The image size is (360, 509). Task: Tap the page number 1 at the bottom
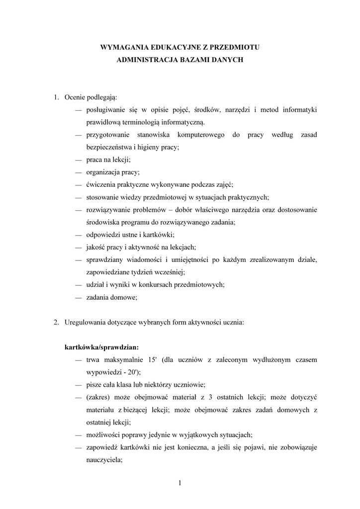(x=180, y=482)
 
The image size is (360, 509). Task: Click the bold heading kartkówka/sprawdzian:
(x=101, y=346)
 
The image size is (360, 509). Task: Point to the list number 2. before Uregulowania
(x=57, y=322)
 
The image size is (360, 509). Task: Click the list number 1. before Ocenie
(x=57, y=96)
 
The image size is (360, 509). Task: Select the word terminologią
(x=149, y=122)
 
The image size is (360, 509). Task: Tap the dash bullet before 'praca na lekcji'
(x=79, y=161)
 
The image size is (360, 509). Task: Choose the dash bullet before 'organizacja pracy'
(x=79, y=173)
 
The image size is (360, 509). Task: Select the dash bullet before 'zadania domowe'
(x=79, y=297)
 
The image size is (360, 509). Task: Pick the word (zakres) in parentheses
(x=97, y=398)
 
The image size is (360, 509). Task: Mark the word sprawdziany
(x=104, y=259)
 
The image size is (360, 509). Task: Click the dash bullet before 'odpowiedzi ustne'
(x=79, y=235)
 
